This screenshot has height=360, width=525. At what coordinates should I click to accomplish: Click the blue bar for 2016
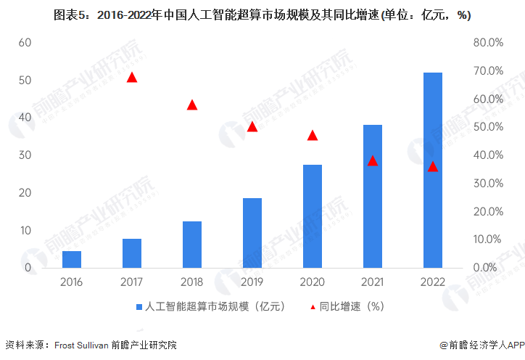pyautogui.click(x=72, y=260)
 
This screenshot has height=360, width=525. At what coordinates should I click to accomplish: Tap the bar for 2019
pyautogui.click(x=252, y=233)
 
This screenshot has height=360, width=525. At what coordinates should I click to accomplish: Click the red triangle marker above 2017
pyautogui.click(x=132, y=77)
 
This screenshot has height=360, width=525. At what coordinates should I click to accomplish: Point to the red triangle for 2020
pyautogui.click(x=313, y=135)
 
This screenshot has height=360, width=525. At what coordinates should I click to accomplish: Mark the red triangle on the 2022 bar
pyautogui.click(x=433, y=167)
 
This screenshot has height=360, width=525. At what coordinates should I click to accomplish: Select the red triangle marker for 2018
pyautogui.click(x=192, y=105)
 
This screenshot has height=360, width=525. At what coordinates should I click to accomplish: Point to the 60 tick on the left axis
pyautogui.click(x=25, y=42)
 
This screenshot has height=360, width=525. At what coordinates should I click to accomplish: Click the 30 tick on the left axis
pyautogui.click(x=25, y=155)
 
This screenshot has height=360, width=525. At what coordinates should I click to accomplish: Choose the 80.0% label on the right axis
pyautogui.click(x=488, y=42)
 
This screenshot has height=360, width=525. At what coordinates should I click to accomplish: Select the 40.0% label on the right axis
pyautogui.click(x=488, y=155)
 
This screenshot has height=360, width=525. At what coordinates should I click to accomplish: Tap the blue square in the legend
pyautogui.click(x=139, y=306)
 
